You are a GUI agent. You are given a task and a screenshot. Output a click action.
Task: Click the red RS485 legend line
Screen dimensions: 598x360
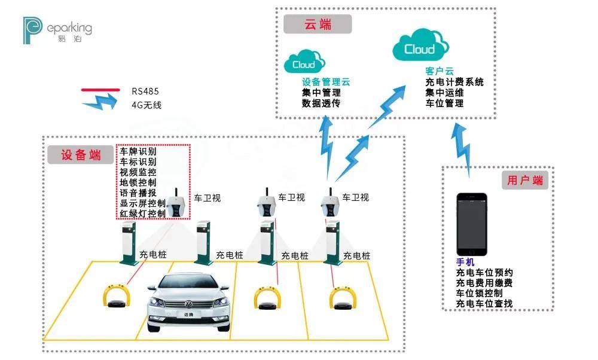[100, 90]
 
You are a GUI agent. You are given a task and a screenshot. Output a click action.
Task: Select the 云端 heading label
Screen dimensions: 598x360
[318, 25]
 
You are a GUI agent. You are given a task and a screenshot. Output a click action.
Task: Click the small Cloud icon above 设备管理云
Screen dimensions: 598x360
[304, 62]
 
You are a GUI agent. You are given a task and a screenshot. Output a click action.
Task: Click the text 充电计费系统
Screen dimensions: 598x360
[454, 82]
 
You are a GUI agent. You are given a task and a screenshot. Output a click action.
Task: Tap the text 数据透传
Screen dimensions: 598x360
[321, 103]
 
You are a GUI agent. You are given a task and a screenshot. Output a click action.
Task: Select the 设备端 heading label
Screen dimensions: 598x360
[81, 155]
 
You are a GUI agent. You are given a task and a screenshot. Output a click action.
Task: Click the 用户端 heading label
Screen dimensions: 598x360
[525, 180]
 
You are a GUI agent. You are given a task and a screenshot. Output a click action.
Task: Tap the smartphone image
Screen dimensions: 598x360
[472, 224]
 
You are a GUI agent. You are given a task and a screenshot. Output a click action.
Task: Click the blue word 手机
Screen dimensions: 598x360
[465, 262]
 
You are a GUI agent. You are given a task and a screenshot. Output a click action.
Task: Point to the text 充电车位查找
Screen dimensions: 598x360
[484, 304]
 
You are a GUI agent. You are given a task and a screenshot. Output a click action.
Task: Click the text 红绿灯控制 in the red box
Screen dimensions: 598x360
[143, 213]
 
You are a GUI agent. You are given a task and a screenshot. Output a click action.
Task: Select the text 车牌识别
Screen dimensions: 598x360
[138, 151]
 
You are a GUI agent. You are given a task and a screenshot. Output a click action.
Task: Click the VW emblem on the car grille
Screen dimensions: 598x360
[188, 304]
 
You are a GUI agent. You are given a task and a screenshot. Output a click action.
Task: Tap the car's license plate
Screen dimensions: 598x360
[188, 315]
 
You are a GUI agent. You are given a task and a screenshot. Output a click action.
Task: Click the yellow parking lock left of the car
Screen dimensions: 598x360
[117, 296]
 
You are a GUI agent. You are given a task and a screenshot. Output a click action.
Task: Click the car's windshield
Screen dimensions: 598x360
[188, 283]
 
